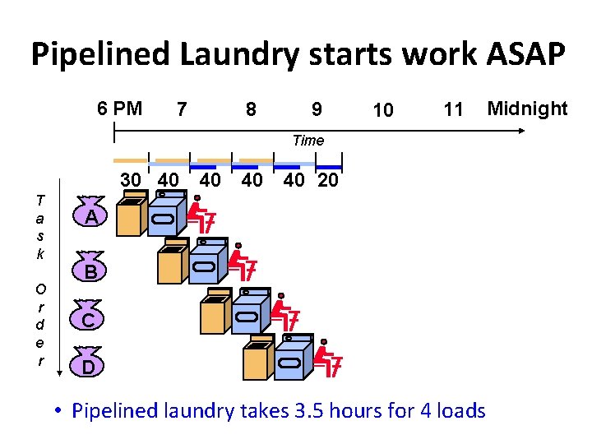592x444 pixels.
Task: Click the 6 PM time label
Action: coord(119,109)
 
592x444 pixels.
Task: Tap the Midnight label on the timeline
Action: coord(527,108)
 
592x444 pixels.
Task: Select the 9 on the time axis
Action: coord(317,109)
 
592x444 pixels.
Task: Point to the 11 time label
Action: coord(453,109)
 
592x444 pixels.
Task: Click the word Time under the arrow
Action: coord(308,141)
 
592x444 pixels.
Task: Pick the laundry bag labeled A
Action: coord(93,215)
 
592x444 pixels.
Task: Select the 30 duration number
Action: coord(131,180)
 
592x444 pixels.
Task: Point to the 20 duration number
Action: coord(327,180)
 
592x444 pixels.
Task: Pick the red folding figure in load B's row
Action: coord(243,263)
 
